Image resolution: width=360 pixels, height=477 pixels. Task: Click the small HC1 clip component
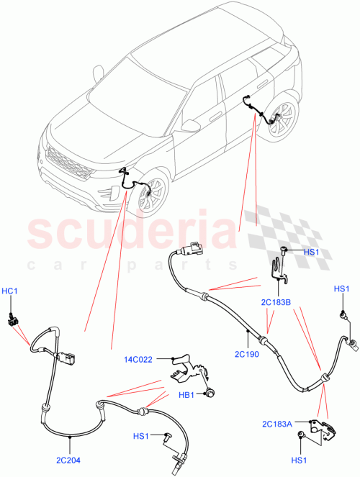[x=12, y=319]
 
